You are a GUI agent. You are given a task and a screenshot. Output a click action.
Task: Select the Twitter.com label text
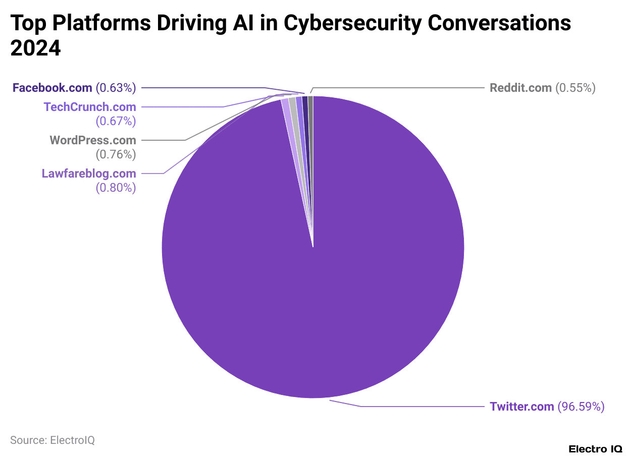point(521,407)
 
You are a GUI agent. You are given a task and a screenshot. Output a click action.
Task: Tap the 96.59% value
point(581,407)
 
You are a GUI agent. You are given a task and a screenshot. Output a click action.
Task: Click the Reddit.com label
point(520,88)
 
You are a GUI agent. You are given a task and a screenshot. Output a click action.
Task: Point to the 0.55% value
point(576,88)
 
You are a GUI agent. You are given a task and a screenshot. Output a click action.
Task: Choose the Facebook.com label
point(52,88)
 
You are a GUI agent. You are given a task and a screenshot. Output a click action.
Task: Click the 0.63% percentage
point(116,88)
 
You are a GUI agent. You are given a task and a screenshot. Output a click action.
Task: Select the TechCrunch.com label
point(90,107)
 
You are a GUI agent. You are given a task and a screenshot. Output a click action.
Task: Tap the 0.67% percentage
point(116,121)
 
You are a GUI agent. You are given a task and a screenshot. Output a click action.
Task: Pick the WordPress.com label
point(92,140)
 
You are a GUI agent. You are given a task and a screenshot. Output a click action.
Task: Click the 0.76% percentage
point(116,154)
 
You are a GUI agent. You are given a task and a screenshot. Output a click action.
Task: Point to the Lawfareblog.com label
point(89,174)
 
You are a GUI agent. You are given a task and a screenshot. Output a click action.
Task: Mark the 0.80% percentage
point(116,188)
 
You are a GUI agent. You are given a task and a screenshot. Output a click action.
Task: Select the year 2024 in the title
point(35,48)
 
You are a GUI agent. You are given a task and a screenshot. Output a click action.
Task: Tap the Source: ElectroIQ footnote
point(53,440)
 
